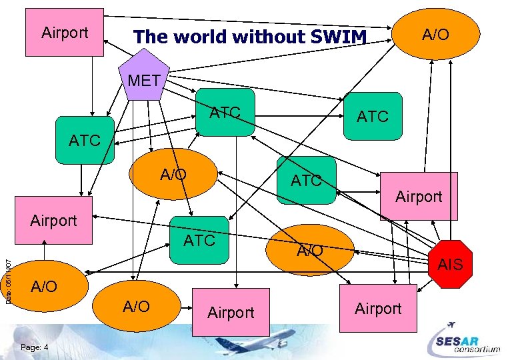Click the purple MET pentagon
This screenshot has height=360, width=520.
144,81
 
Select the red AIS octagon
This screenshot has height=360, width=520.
449,264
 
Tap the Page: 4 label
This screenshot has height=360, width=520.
34,347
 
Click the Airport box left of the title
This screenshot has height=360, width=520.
65,32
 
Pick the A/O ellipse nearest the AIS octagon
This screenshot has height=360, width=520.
309,250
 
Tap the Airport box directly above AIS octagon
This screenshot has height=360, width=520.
419,195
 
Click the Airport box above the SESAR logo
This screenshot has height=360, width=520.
378,308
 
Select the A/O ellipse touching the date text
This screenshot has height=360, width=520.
44,287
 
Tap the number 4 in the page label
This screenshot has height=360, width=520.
45,347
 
